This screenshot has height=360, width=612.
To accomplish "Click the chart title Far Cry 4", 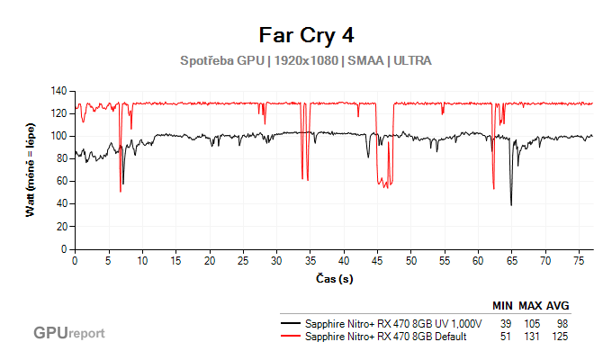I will pyautogui.click(x=306, y=35).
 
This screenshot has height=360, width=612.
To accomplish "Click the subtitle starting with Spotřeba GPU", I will pyautogui.click(x=306, y=61).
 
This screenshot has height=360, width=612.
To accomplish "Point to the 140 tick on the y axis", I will pyautogui.click(x=60, y=91).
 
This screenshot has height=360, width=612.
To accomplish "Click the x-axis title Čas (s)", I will pyautogui.click(x=334, y=278).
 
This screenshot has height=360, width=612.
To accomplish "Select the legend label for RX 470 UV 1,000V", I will pyautogui.click(x=394, y=323).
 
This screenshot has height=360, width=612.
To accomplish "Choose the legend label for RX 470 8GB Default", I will pyautogui.click(x=386, y=337).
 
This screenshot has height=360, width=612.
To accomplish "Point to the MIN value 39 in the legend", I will pyautogui.click(x=505, y=323).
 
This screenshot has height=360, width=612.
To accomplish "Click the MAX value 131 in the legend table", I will pyautogui.click(x=535, y=337).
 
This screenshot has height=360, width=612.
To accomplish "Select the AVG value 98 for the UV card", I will pyautogui.click(x=563, y=323).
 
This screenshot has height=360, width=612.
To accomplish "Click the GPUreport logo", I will pyautogui.click(x=69, y=333).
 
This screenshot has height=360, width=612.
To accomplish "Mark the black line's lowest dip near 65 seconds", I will pyautogui.click(x=511, y=204).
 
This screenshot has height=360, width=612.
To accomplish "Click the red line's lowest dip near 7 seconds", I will pyautogui.click(x=120, y=191).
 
